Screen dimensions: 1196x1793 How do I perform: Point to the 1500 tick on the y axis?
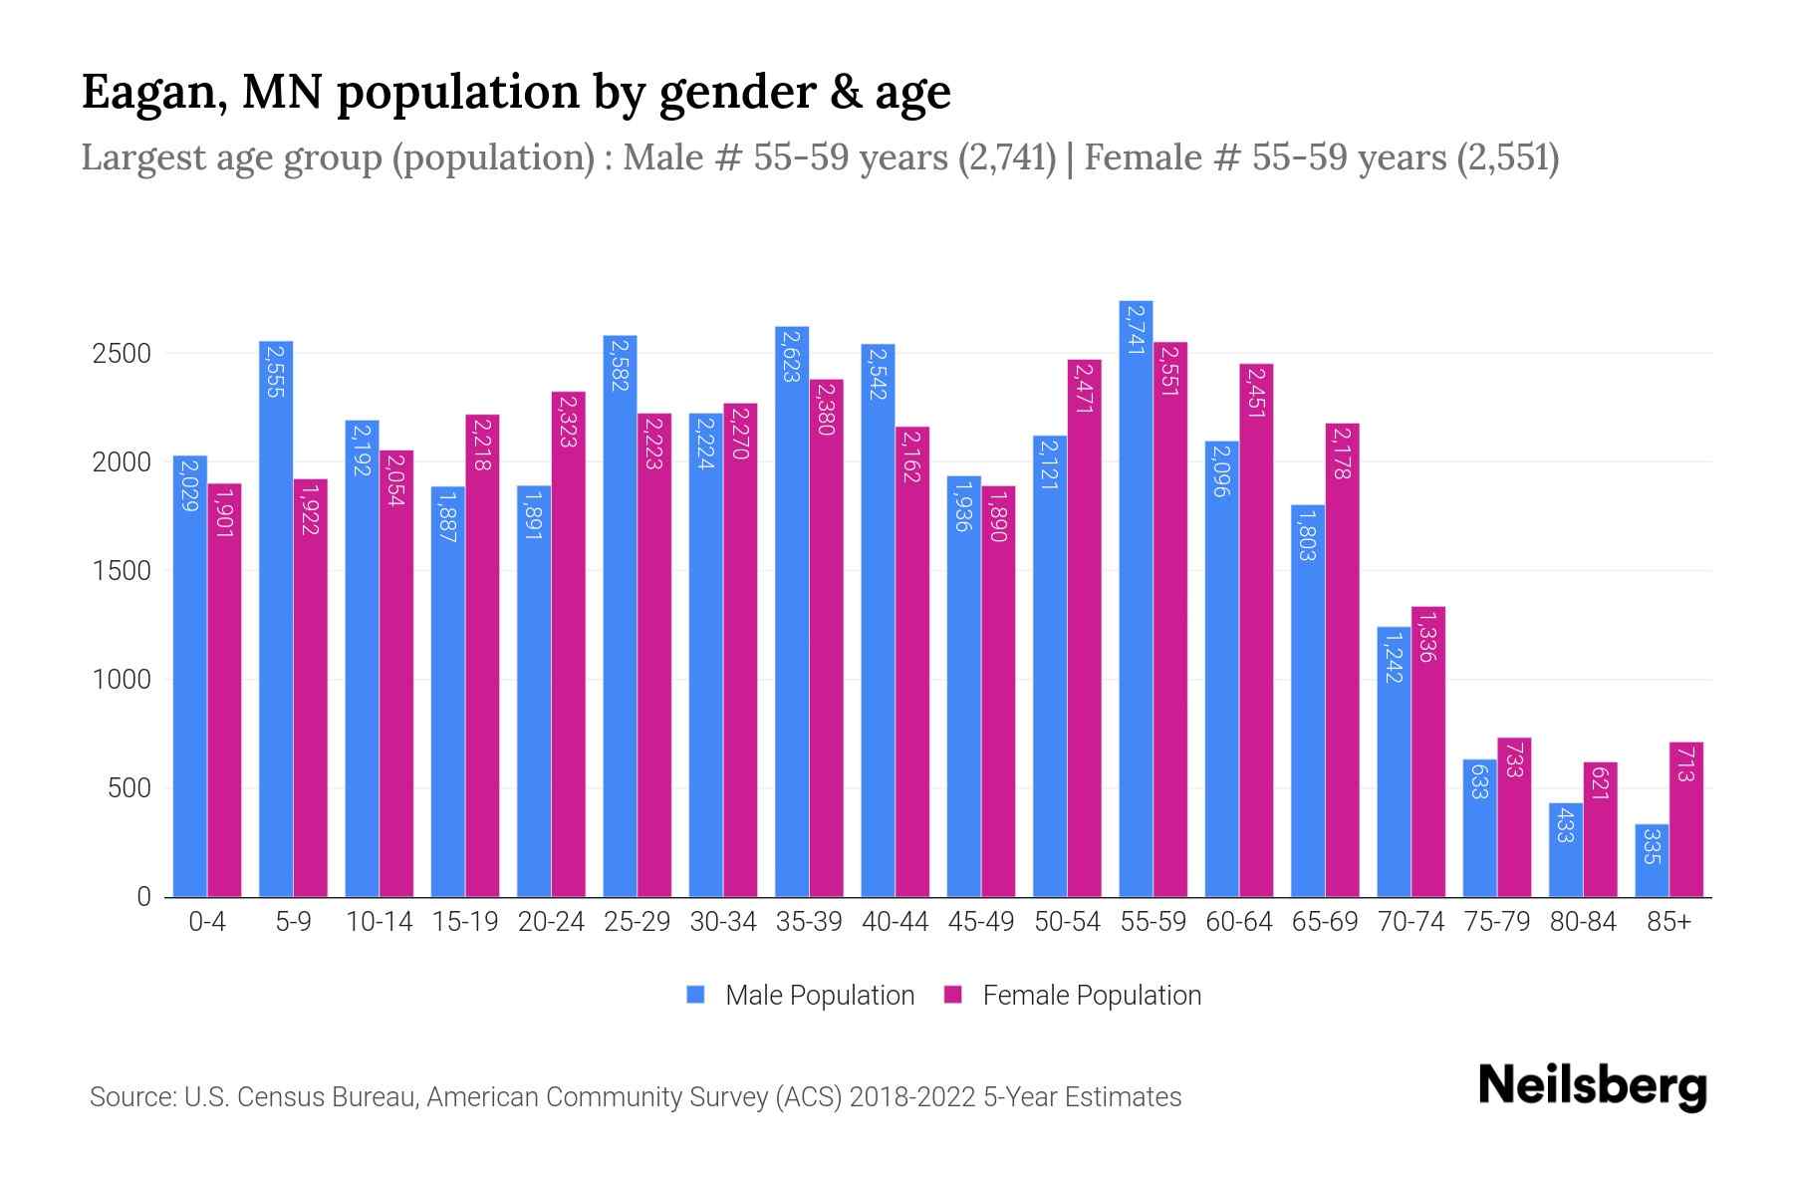tap(122, 571)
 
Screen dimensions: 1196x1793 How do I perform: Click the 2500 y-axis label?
tap(122, 354)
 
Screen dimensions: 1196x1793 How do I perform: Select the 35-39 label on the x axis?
tap(809, 922)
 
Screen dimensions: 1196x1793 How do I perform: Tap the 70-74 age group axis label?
tap(1410, 922)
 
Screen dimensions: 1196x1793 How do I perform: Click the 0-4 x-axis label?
tap(207, 922)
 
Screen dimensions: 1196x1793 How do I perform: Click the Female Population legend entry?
tap(1073, 996)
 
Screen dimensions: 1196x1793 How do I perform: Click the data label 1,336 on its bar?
tap(1427, 638)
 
